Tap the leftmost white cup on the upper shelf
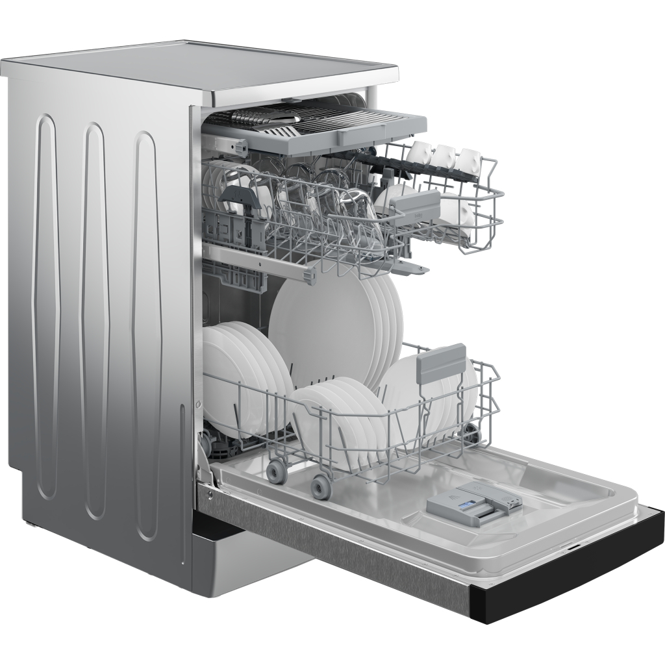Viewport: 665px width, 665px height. tap(418, 153)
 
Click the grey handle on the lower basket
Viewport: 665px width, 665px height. tap(442, 362)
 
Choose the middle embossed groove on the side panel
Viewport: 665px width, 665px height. tap(95, 318)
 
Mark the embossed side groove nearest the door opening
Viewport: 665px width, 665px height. tap(147, 334)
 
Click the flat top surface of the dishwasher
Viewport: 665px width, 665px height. tap(208, 68)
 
